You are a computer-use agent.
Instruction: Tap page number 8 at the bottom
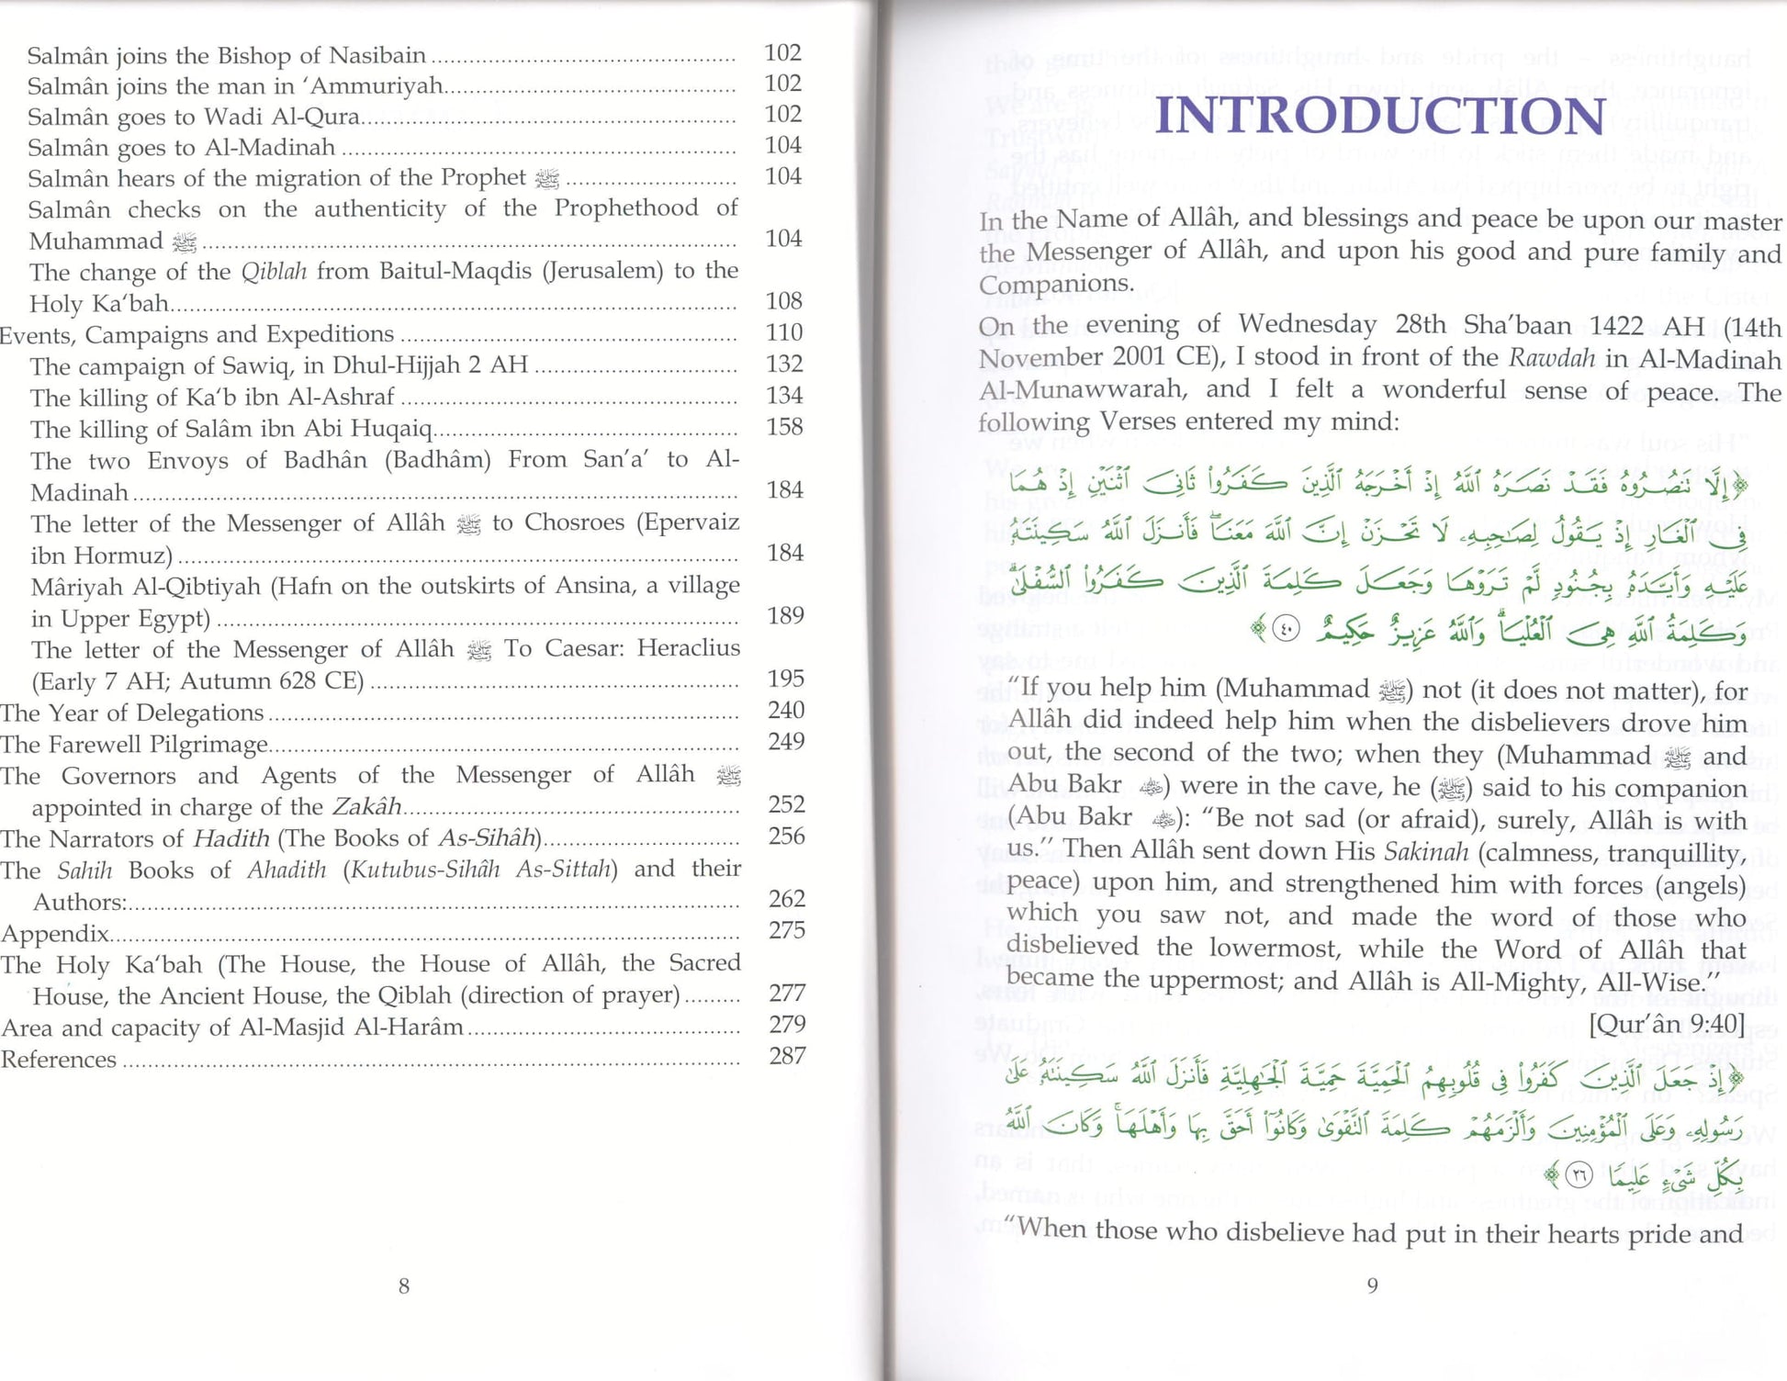[404, 1286]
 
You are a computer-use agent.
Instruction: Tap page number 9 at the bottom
[1372, 1285]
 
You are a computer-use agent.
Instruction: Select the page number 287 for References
[787, 1056]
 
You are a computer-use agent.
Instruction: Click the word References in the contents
[59, 1060]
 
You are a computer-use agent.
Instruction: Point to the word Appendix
[55, 934]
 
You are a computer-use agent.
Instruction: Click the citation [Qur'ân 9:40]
[1666, 1024]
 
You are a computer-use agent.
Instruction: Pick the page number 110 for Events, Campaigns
[784, 332]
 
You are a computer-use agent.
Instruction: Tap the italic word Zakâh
[366, 807]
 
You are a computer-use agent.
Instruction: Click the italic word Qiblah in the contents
[274, 272]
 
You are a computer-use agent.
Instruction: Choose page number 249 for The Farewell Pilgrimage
[786, 741]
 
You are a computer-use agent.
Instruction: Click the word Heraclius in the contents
[688, 648]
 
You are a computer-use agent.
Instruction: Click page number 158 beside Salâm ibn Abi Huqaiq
[784, 427]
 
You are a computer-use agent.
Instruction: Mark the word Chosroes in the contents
[574, 522]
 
